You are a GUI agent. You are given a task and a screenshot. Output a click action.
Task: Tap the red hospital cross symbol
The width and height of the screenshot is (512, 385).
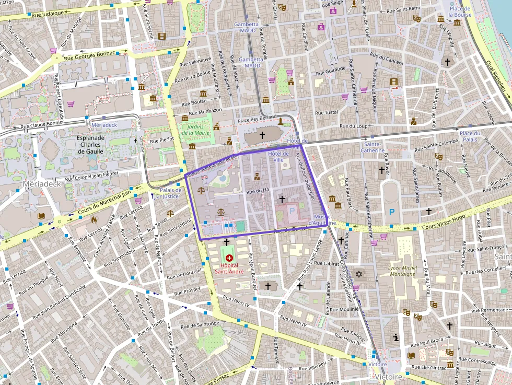[x=228, y=257]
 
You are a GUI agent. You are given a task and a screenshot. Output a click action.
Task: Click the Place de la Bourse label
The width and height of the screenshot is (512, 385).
[x=460, y=11]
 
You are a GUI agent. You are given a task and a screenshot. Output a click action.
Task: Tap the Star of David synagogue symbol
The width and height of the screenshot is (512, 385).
[x=358, y=274]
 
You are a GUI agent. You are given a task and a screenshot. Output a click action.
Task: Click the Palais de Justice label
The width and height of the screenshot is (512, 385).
[x=170, y=193]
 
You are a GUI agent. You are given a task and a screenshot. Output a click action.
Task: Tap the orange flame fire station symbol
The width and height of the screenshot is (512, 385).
[x=94, y=220]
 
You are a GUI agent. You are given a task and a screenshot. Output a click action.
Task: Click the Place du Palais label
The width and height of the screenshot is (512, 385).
[x=469, y=136]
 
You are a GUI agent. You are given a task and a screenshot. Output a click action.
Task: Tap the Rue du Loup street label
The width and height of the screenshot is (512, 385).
[x=354, y=126]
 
